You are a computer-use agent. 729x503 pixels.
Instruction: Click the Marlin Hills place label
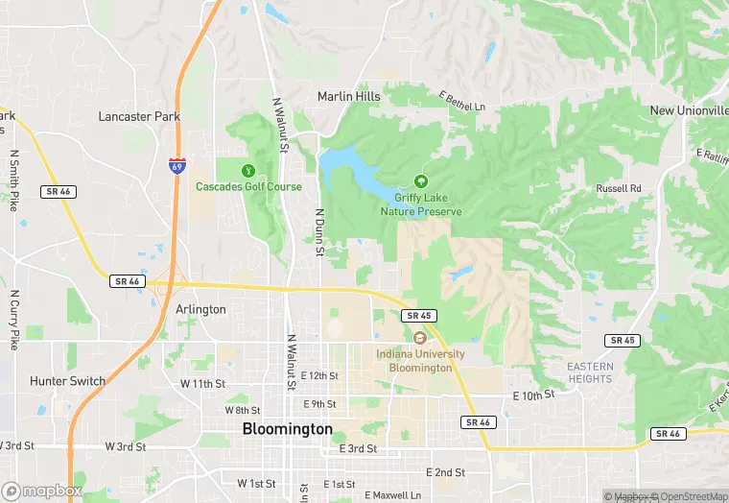point(349,96)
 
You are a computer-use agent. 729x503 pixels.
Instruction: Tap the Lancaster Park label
point(139,116)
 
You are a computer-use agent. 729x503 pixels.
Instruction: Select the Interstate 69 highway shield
point(177,164)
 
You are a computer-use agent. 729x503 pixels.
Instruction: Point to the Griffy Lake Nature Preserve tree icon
point(420,180)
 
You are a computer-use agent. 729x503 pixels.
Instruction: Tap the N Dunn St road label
point(319,231)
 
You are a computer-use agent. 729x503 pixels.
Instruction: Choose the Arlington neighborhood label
point(200,309)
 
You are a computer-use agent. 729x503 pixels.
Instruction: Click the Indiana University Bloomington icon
point(420,338)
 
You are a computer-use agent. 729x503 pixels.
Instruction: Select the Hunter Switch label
point(67,381)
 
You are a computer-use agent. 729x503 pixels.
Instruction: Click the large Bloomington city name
point(288,428)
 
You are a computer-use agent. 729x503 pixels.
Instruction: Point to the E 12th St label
point(319,375)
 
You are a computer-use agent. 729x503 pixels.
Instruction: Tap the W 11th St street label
point(202,383)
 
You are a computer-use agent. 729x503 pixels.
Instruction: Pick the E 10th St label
point(534,395)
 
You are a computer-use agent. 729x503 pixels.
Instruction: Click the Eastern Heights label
point(589,372)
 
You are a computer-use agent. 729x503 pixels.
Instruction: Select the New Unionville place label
point(689,110)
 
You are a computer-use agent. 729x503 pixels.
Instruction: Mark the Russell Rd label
point(618,188)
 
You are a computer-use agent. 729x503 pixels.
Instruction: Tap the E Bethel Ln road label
point(462,101)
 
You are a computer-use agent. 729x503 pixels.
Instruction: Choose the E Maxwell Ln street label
point(392,495)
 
